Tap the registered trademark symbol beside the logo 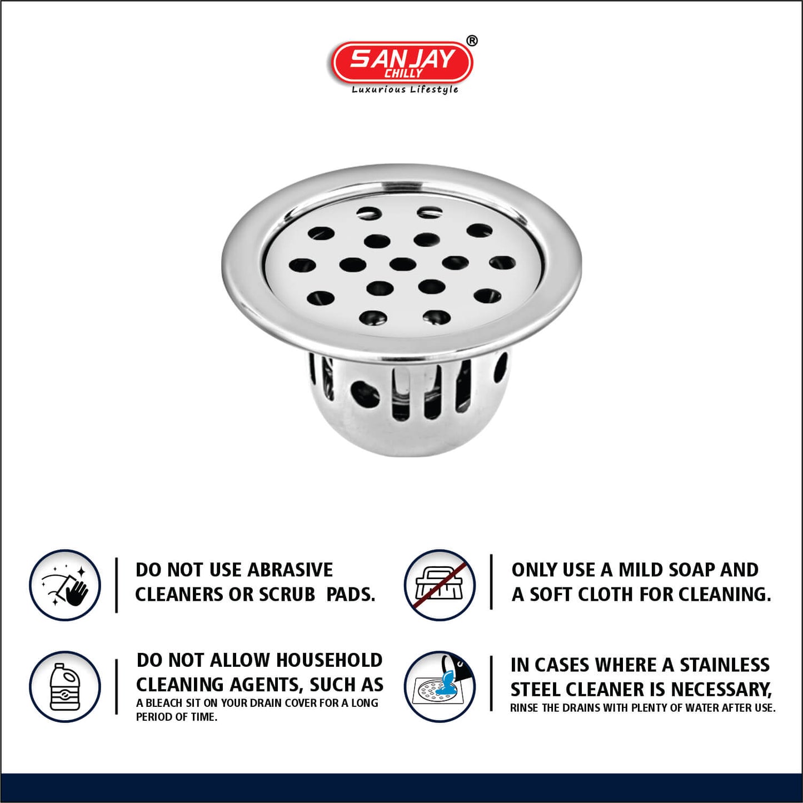click(x=471, y=41)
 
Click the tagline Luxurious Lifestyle click(x=405, y=89)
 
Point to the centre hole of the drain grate click(x=402, y=263)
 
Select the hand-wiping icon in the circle click(x=64, y=585)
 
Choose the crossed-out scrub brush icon click(x=439, y=585)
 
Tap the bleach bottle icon click(x=64, y=687)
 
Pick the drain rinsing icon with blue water click(x=439, y=687)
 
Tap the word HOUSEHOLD click(x=329, y=660)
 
